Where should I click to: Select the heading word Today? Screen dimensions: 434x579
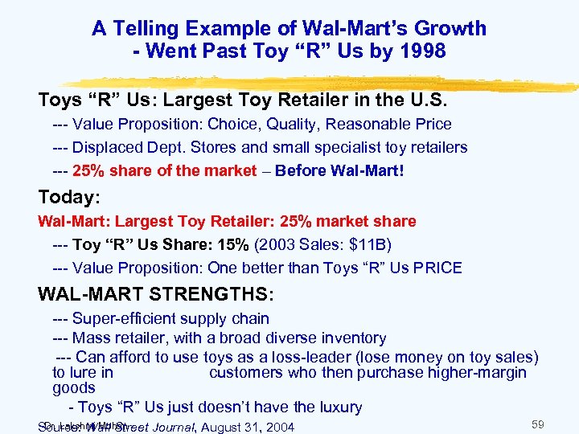(65, 197)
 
